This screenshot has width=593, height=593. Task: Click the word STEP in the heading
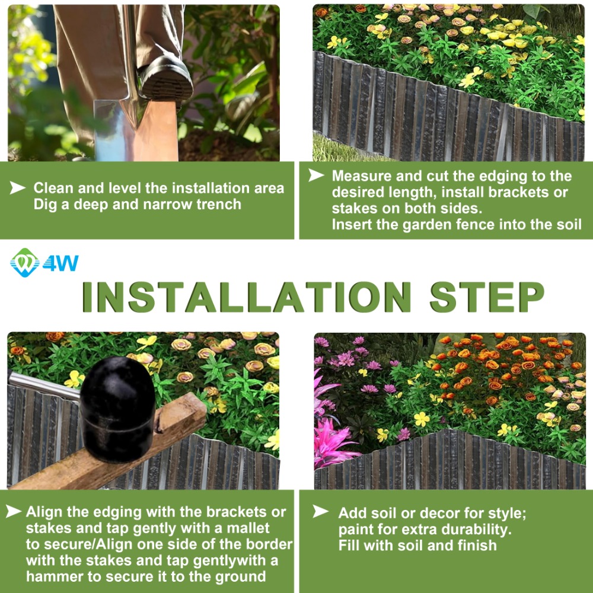coord(487,297)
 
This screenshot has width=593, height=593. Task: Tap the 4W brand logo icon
coord(24,263)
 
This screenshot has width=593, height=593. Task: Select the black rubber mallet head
coord(117,409)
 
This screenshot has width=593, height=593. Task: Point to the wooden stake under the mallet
coord(110,447)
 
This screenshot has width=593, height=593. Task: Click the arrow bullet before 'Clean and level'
coord(17,187)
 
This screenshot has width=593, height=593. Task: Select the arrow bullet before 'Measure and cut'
coord(316,175)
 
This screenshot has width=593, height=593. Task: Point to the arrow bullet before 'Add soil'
coord(320,512)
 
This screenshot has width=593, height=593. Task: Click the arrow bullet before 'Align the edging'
coord(14,511)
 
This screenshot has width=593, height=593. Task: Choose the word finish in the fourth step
coord(477,546)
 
